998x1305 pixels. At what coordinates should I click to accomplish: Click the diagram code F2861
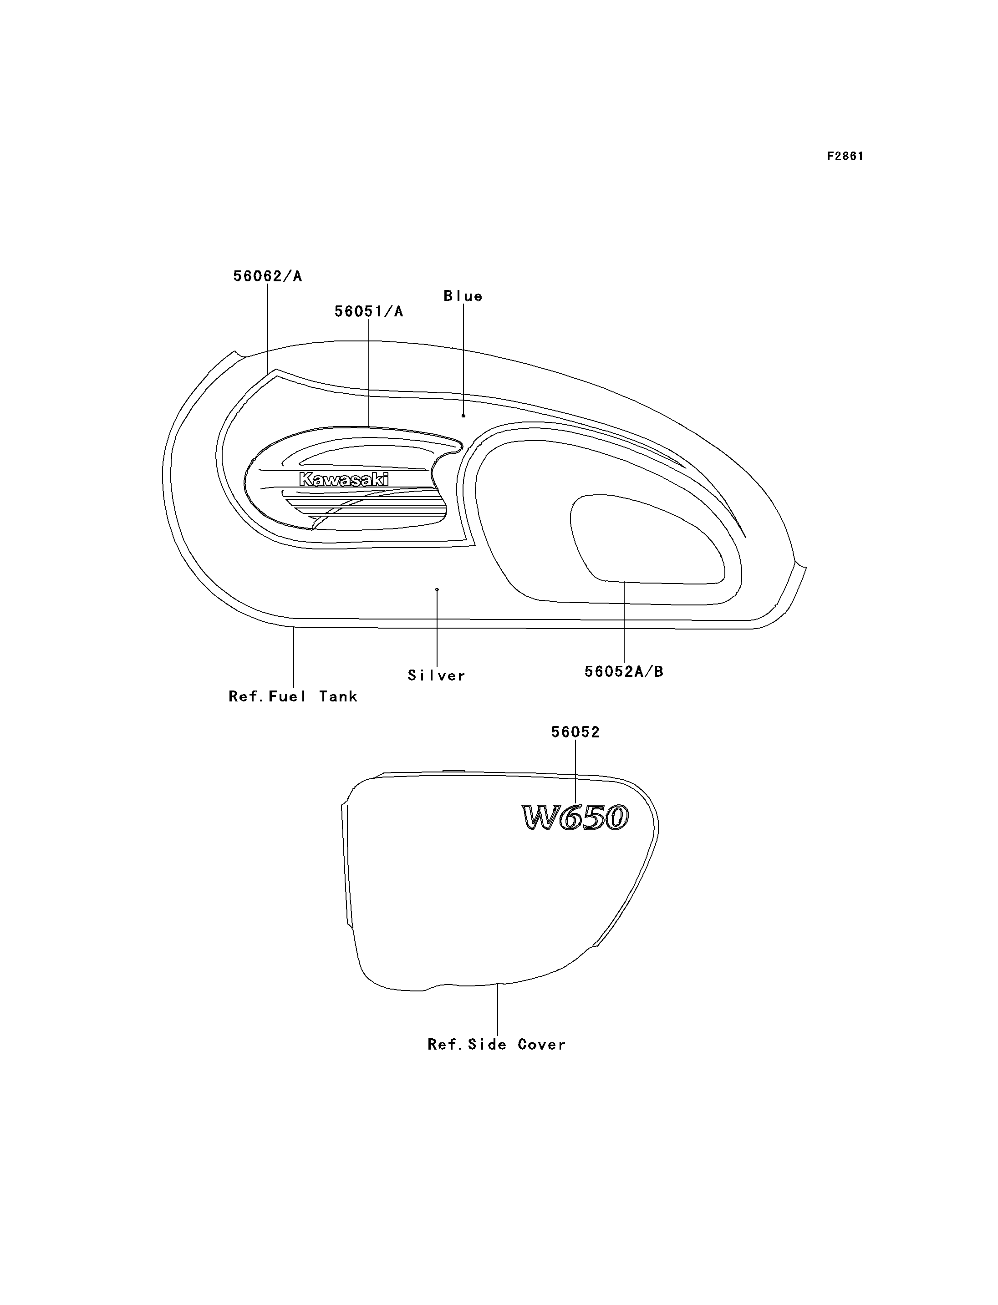click(x=845, y=156)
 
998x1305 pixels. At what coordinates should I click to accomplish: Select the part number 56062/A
click(x=267, y=276)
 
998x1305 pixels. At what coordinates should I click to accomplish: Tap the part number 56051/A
click(x=368, y=311)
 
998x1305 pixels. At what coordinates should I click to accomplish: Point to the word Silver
click(x=436, y=675)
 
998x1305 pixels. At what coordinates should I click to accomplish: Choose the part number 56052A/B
click(x=624, y=672)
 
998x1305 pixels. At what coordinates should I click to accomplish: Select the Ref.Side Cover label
click(x=497, y=1044)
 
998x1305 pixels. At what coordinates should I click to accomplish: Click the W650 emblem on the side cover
click(x=575, y=818)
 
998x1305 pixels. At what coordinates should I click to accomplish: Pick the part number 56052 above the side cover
click(x=575, y=732)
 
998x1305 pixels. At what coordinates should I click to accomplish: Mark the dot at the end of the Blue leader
click(x=463, y=416)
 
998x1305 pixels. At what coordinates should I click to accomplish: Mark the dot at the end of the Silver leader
click(x=437, y=590)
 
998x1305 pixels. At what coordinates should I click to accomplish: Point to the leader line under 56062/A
click(x=267, y=329)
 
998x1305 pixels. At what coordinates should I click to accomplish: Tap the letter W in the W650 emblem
click(x=541, y=818)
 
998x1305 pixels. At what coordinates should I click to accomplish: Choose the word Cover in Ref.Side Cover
click(x=542, y=1044)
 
